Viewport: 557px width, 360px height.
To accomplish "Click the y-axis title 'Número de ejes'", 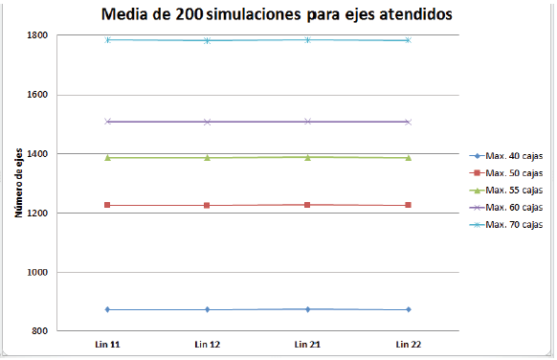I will (18, 183).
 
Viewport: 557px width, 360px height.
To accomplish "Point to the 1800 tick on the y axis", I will (37, 35).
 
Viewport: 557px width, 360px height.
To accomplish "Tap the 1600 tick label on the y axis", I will (37, 95).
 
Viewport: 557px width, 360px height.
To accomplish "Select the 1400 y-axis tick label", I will (37, 153).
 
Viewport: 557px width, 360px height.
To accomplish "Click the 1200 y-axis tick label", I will (37, 213).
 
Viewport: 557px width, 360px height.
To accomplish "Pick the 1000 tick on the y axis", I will (37, 272).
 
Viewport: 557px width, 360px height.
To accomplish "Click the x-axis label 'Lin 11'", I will (107, 343).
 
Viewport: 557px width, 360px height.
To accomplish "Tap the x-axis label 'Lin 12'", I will (208, 343).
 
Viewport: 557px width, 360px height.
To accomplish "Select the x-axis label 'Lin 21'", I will (307, 343).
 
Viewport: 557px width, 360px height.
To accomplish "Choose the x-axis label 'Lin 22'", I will (408, 343).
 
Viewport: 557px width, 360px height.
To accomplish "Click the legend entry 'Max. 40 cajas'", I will (514, 156).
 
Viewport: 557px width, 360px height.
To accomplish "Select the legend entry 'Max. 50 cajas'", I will (514, 172).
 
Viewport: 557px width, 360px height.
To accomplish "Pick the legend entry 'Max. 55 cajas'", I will (514, 190).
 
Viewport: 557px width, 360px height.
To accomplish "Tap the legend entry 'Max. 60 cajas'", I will (514, 207).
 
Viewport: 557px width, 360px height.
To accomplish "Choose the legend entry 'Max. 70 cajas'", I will (514, 224).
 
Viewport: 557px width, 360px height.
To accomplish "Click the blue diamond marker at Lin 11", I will (107, 309).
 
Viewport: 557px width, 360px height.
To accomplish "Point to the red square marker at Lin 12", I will (208, 205).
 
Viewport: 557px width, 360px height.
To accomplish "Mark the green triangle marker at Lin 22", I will (408, 157).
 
